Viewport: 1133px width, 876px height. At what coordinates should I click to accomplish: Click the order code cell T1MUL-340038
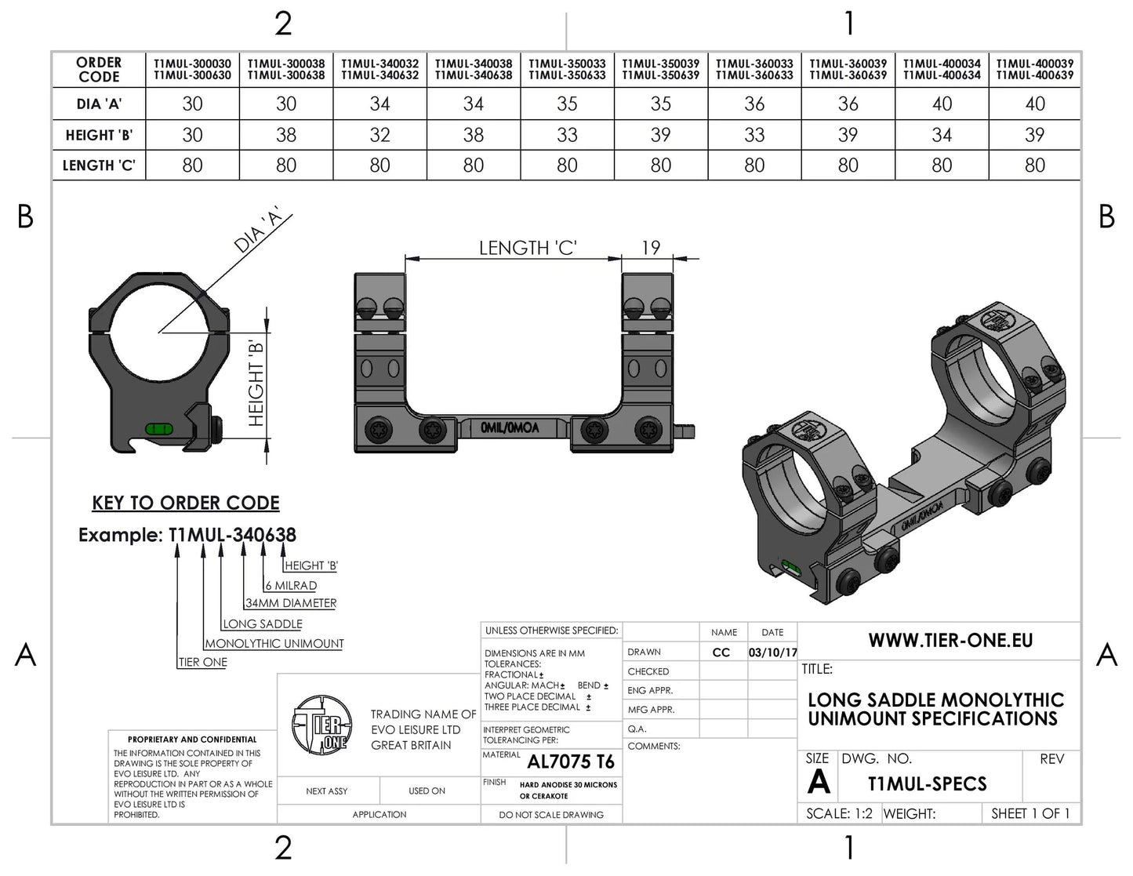(474, 69)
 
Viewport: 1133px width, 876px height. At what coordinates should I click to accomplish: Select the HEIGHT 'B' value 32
(379, 135)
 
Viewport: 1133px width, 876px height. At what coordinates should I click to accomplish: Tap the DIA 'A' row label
(99, 104)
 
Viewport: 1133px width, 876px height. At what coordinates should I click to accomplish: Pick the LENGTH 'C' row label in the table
(99, 165)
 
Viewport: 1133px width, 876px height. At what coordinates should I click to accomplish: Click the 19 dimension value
(651, 248)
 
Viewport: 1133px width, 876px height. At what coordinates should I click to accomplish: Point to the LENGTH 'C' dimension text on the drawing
(528, 248)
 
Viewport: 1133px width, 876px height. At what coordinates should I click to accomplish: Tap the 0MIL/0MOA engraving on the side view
(510, 428)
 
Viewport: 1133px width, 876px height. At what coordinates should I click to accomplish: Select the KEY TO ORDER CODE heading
(186, 503)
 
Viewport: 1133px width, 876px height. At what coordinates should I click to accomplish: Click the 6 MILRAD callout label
(291, 585)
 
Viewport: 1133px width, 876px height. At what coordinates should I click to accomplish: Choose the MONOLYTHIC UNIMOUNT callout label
(274, 643)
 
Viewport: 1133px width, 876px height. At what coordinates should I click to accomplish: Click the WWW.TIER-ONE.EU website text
(950, 641)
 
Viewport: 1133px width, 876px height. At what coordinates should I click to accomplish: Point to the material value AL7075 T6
(571, 762)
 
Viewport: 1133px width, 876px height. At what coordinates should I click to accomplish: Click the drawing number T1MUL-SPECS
(927, 783)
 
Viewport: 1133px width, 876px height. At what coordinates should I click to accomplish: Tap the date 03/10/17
(772, 652)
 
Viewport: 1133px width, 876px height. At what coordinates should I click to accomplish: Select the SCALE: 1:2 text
(839, 814)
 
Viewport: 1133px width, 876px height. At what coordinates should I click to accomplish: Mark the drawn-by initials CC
(721, 652)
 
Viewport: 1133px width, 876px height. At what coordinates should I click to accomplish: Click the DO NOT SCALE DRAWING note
(551, 815)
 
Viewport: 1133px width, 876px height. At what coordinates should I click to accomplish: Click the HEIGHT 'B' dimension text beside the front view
(256, 383)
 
